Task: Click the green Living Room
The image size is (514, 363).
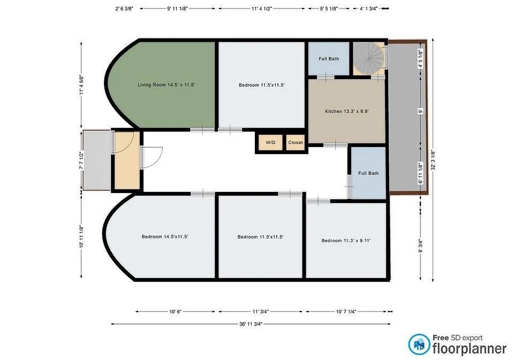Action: click(x=164, y=85)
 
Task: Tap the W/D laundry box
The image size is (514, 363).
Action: click(x=271, y=143)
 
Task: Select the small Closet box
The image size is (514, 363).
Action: click(x=296, y=143)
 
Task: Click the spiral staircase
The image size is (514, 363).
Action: click(x=368, y=59)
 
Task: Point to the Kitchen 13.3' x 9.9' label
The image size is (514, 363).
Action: click(x=347, y=111)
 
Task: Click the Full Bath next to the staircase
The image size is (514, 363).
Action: click(x=329, y=59)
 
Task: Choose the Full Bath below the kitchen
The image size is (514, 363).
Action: click(x=368, y=173)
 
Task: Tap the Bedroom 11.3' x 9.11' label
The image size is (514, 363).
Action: click(x=346, y=241)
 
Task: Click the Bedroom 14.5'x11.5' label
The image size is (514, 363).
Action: click(x=164, y=237)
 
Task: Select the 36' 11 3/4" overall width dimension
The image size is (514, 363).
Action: click(x=251, y=324)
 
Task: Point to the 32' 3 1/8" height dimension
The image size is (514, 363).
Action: click(x=433, y=160)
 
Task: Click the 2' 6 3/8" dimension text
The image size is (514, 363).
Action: click(x=124, y=9)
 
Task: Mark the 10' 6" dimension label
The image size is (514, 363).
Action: click(x=176, y=312)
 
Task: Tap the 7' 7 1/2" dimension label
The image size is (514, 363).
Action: click(x=81, y=160)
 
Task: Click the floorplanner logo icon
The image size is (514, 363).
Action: click(x=419, y=344)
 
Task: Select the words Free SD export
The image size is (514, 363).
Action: click(x=457, y=338)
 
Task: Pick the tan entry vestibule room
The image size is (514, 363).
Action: click(x=126, y=160)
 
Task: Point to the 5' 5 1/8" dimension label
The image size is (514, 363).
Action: click(x=329, y=9)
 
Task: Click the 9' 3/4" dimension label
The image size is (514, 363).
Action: click(x=421, y=246)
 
